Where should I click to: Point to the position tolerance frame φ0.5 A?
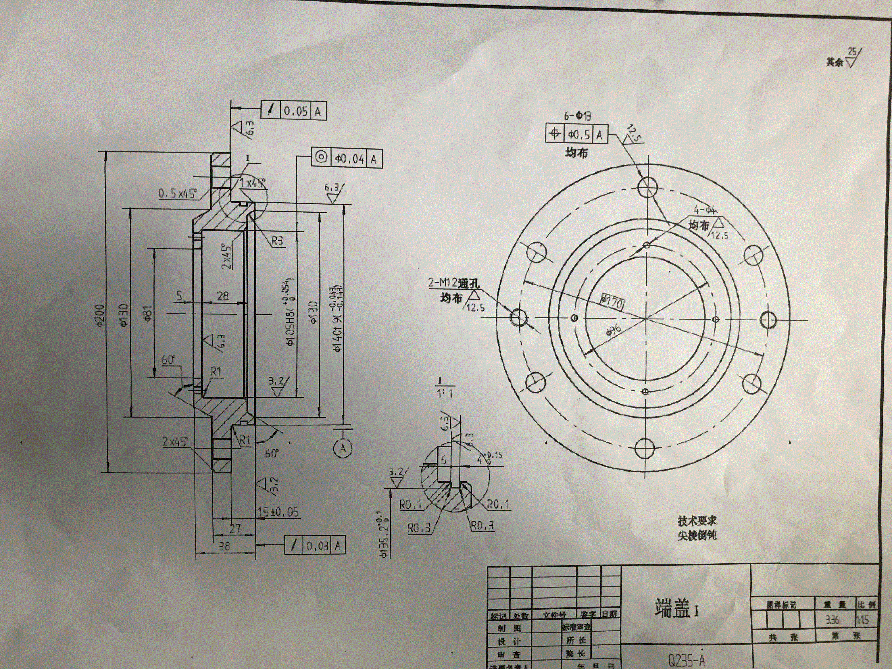[577, 134]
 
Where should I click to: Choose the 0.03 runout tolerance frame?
[315, 546]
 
